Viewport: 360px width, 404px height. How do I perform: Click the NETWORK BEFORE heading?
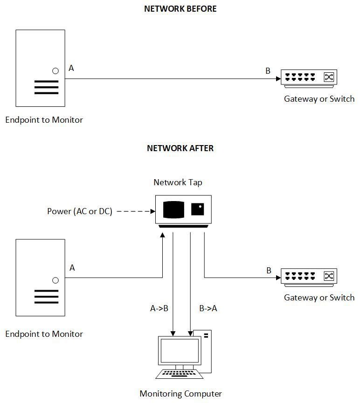tap(180, 9)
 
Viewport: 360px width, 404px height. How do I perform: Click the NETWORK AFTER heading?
tap(180, 148)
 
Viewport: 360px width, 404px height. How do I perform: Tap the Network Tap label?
tap(178, 182)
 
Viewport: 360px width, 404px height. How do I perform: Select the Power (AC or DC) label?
tap(80, 211)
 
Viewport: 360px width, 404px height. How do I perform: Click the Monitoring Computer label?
tap(180, 394)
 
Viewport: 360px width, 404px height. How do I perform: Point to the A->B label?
tap(159, 308)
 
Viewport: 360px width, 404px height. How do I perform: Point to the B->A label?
tap(208, 308)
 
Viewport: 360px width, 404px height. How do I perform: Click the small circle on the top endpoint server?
tap(55, 71)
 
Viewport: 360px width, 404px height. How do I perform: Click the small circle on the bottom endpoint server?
tap(55, 280)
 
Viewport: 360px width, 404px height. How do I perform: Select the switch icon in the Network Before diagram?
tap(308, 78)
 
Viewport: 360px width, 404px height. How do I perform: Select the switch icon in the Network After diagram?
tap(308, 277)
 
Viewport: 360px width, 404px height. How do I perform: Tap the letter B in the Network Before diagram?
tap(268, 71)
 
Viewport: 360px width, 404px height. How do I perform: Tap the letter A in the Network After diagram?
tap(72, 268)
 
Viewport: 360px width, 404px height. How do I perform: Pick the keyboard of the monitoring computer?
tap(180, 374)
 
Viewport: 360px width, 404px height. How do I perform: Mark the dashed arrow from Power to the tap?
tap(135, 211)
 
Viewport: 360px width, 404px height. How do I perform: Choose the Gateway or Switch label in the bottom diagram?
tap(319, 298)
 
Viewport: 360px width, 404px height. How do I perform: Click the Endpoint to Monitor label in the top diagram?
tap(44, 120)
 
